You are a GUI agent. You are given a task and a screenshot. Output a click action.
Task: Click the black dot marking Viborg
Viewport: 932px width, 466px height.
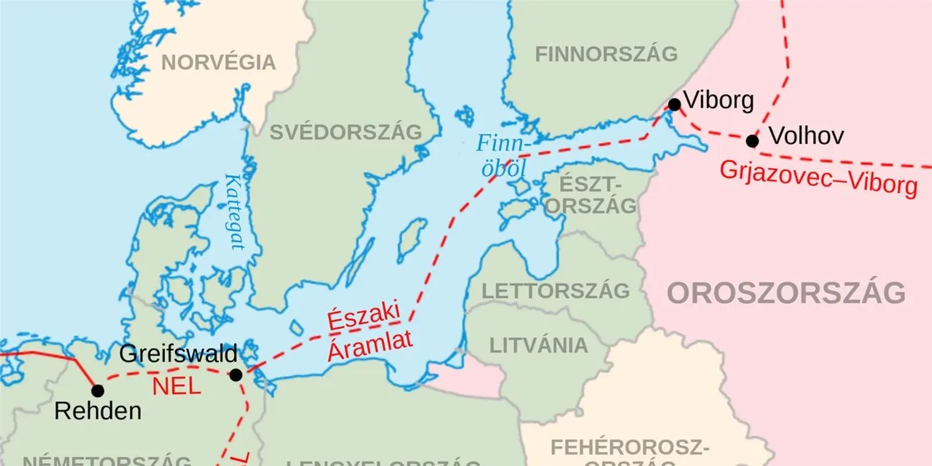tap(675, 105)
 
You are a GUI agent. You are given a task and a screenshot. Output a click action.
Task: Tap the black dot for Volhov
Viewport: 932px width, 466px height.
tap(753, 141)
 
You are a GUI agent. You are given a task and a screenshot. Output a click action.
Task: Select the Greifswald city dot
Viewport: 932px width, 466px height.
tap(236, 375)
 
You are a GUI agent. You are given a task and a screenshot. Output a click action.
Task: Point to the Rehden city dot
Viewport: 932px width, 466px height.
tap(98, 390)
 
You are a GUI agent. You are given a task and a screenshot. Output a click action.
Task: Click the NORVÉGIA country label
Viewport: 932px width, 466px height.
tap(218, 62)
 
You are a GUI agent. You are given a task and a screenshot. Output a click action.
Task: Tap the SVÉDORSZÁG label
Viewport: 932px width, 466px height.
tap(345, 132)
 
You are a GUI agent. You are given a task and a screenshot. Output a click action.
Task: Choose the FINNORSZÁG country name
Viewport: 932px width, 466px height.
tap(606, 54)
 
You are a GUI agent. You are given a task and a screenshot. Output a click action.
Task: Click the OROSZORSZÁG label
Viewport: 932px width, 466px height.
tap(786, 292)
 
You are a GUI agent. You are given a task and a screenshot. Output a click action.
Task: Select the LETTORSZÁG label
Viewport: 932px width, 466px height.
tap(556, 291)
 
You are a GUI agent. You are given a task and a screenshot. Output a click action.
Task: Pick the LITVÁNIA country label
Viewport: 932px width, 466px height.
tap(538, 345)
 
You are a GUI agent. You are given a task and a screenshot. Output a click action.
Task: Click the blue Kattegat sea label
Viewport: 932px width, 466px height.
tap(235, 212)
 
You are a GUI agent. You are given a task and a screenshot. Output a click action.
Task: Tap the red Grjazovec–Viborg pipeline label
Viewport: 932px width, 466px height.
tap(818, 178)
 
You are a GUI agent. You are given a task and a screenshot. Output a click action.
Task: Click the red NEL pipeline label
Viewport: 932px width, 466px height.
tap(176, 386)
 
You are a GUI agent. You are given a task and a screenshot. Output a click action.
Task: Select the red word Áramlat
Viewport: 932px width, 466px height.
tap(370, 345)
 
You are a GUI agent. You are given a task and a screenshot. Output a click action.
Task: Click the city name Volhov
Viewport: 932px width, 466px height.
tap(806, 136)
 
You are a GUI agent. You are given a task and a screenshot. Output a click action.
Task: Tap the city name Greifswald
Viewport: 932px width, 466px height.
tap(178, 354)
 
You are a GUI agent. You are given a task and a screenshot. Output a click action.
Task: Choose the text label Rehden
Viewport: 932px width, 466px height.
tap(98, 411)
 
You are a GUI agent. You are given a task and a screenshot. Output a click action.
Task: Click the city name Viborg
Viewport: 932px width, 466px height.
tap(719, 100)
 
